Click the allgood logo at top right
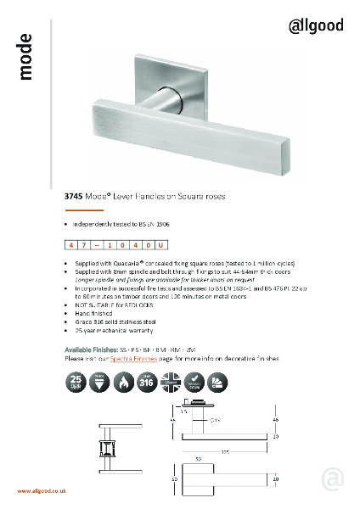(x=317, y=25)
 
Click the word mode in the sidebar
(x=25, y=58)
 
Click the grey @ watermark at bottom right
(x=334, y=479)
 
